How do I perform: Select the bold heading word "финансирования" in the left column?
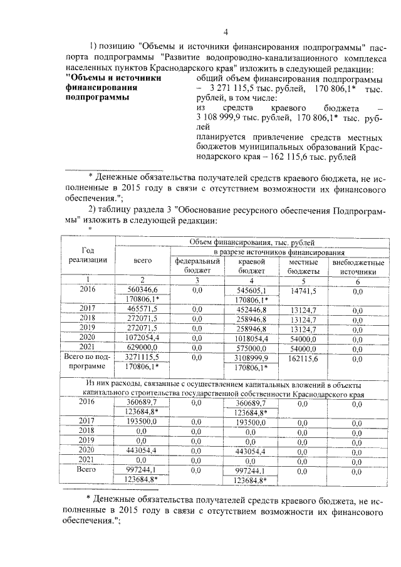click(x=96, y=88)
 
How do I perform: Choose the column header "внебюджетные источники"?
click(x=358, y=266)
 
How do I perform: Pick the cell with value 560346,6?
click(x=140, y=290)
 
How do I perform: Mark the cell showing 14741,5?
click(x=304, y=290)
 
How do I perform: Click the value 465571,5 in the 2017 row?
click(x=140, y=309)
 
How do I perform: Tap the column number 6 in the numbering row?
click(x=358, y=279)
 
